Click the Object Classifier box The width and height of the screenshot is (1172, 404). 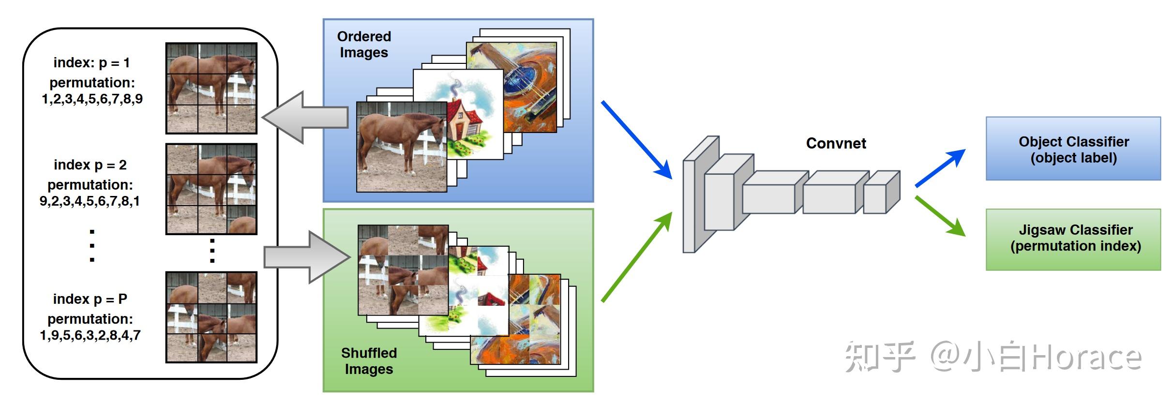[x=1073, y=149]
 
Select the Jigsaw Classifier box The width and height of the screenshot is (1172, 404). [x=1073, y=239]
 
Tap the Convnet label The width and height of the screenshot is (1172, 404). [x=836, y=143]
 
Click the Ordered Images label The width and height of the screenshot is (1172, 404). [x=364, y=45]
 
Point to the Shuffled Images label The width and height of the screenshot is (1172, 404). [x=369, y=361]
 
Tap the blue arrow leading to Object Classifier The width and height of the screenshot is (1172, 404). [x=940, y=168]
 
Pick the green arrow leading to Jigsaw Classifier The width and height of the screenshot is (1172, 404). [x=940, y=216]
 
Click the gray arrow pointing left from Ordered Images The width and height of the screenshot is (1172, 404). [x=305, y=117]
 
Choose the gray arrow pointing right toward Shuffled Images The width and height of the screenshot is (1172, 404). [x=308, y=257]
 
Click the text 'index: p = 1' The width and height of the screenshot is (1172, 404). [x=91, y=63]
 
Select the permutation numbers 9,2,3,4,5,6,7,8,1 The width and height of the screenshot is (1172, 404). [x=90, y=201]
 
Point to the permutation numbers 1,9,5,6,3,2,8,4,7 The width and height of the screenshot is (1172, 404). [x=90, y=335]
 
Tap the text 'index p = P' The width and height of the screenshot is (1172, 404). [x=90, y=299]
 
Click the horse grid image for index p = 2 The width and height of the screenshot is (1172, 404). [x=211, y=189]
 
